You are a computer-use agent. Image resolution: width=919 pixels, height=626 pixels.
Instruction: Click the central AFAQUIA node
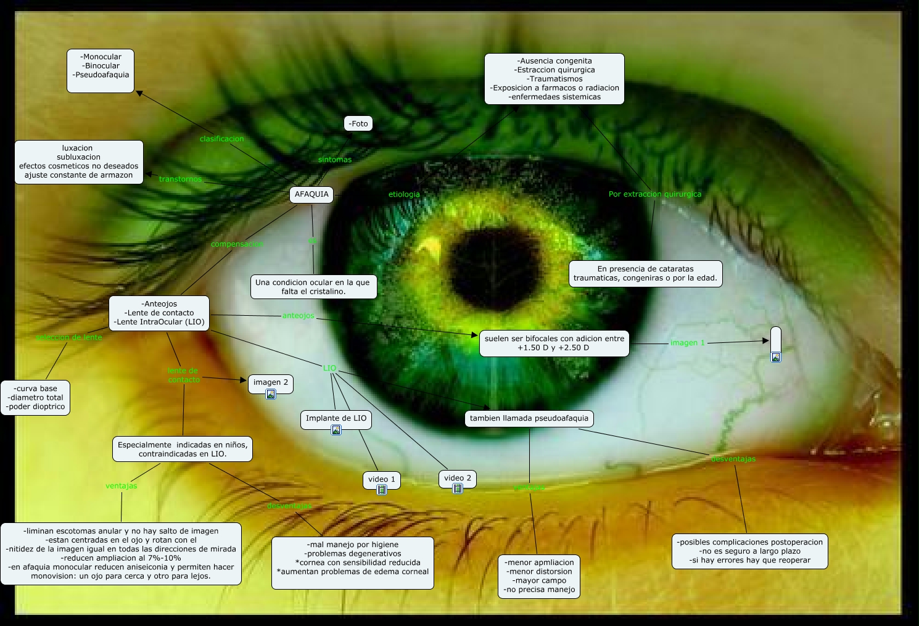coord(311,194)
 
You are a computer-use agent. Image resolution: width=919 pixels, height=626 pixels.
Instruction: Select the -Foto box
coord(358,123)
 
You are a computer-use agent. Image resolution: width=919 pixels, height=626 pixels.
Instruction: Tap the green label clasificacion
coord(221,139)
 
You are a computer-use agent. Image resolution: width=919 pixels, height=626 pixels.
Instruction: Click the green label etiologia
coord(404,194)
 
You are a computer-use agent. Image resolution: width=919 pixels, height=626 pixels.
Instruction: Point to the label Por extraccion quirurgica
coord(654,194)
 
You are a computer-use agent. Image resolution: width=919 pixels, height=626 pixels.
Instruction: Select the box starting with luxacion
coord(79,162)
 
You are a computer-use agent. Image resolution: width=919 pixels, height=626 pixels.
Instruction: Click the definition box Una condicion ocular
coord(313,287)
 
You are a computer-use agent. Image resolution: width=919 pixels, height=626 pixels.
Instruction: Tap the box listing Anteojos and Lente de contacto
coord(159,313)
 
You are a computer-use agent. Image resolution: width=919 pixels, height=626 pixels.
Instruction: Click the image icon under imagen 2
coord(271,394)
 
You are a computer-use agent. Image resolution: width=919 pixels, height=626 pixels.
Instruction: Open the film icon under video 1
coord(382,490)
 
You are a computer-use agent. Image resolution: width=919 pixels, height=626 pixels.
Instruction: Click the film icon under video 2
coord(458,488)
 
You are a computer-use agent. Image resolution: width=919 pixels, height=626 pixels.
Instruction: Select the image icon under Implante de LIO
coord(336,430)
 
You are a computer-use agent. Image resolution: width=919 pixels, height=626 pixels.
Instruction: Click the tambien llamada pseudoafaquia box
coord(529,418)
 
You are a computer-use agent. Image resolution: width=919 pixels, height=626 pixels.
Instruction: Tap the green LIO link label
coord(330,368)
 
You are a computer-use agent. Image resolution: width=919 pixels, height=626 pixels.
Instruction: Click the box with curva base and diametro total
coord(36,398)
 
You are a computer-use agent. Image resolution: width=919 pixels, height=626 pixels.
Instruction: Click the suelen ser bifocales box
coord(554,343)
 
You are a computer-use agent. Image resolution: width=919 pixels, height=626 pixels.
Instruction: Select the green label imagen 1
coord(687,343)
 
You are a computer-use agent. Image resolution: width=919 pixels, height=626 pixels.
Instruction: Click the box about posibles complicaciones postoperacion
coord(749,551)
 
